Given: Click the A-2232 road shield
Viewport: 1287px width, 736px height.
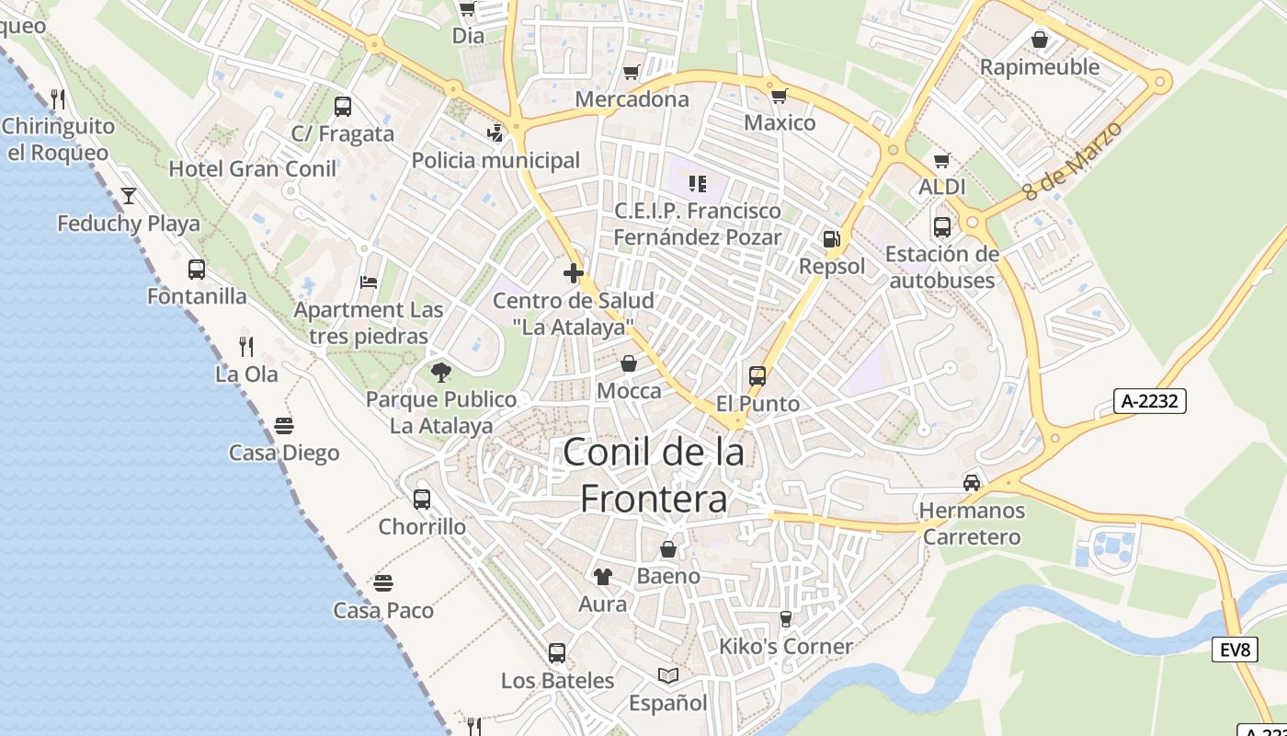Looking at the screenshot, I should point(1150,401).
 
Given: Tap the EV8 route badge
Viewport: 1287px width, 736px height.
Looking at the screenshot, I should point(1235,650).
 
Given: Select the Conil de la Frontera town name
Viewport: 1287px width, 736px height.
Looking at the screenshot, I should point(654,475).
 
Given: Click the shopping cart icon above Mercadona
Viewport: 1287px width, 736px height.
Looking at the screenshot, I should point(632,72).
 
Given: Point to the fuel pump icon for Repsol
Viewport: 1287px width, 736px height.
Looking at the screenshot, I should point(831,239).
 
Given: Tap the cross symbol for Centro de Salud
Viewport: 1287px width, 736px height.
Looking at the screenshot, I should point(574,273).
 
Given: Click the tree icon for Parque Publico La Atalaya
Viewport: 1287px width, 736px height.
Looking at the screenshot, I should point(441,373).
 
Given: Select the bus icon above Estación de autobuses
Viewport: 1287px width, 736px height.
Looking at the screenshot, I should point(942,227).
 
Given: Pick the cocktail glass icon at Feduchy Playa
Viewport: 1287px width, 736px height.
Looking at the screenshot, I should point(128,196).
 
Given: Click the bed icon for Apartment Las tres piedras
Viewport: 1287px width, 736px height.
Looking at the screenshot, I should point(369,282).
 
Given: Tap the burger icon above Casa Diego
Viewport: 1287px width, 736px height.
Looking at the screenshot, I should point(283,426).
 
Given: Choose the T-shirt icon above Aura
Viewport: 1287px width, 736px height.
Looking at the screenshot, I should point(602,577).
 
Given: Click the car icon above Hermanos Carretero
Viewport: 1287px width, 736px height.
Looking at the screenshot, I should point(972,483).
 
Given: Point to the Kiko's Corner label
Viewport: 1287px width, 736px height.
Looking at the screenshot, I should point(786,646).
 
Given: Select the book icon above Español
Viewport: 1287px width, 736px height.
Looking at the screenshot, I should point(668,676).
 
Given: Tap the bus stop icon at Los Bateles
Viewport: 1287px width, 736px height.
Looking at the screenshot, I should point(557,653).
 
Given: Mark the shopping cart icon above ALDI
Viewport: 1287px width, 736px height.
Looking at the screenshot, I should point(941,160).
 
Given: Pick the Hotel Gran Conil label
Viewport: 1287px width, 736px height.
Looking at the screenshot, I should point(253,169).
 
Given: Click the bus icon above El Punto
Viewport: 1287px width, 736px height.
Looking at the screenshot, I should point(757,376).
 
